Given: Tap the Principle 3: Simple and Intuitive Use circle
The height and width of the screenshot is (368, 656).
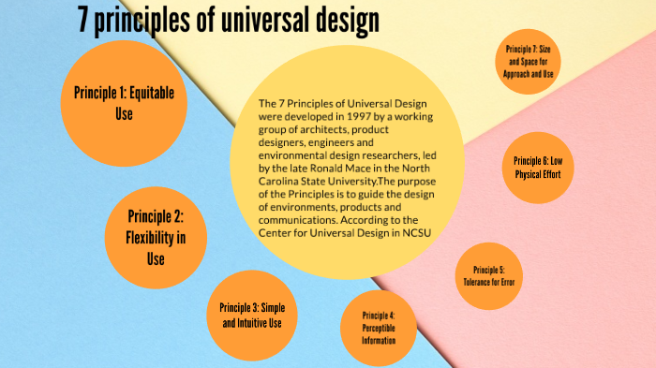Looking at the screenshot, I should tap(251, 315).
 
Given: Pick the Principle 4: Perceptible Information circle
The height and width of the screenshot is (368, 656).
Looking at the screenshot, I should tap(379, 327).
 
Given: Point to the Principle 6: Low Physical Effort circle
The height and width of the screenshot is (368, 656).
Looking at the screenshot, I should tap(538, 167).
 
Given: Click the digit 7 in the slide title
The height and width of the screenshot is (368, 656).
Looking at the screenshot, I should tap(86, 20).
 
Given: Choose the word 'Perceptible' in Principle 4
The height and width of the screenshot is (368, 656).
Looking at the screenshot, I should tap(379, 328).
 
